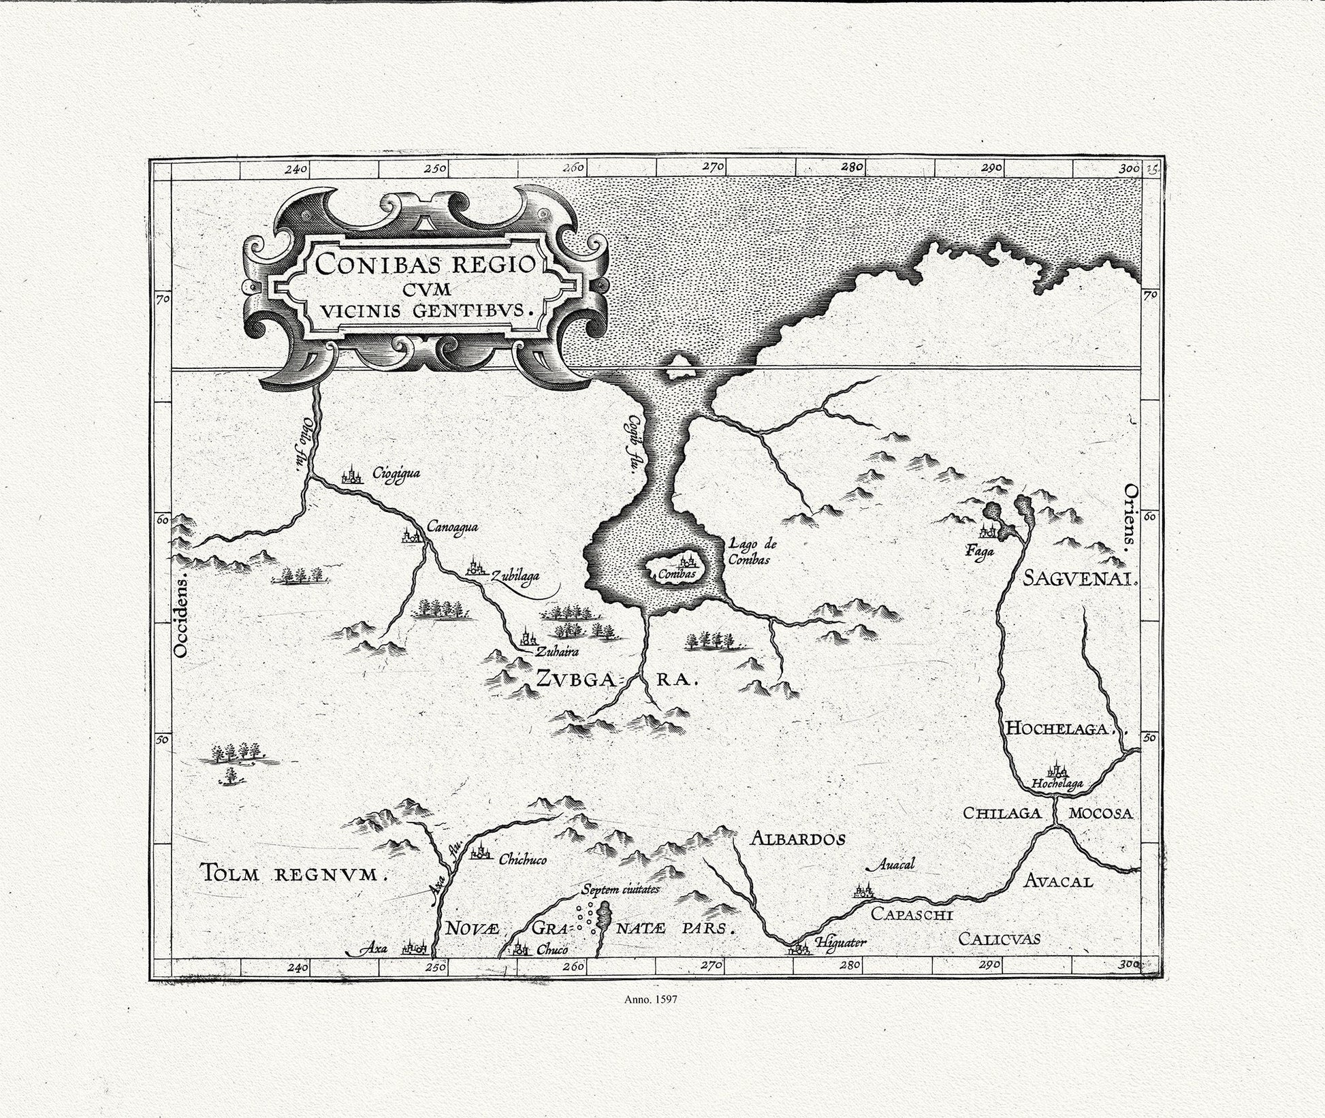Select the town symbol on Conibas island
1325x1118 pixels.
(686, 562)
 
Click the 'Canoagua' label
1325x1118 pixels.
(453, 526)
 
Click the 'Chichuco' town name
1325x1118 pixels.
(522, 860)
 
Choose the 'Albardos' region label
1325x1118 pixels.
(797, 839)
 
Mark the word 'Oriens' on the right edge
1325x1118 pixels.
(1131, 517)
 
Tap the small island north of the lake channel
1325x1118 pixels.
(678, 367)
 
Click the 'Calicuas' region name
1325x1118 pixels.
(999, 940)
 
